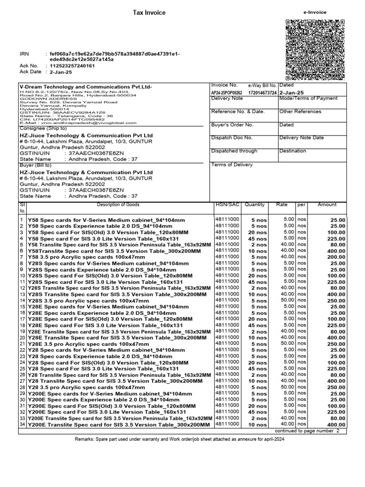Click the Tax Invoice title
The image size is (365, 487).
149,13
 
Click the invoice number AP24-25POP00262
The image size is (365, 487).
226,93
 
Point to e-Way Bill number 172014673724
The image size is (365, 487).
262,93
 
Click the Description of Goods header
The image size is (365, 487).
118,205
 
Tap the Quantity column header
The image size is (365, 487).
254,205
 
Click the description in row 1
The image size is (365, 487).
106,220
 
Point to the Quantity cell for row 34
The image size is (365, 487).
258,425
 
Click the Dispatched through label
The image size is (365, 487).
234,151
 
